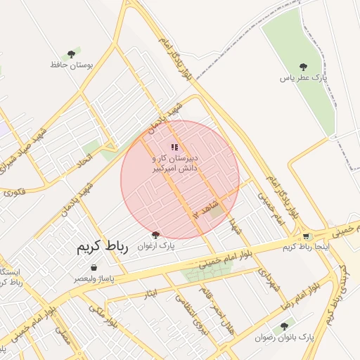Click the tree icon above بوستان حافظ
click(70, 54)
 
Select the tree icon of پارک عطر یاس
click(303, 67)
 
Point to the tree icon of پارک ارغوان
click(155, 235)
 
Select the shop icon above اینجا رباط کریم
click(306, 236)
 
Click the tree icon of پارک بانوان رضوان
click(284, 326)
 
